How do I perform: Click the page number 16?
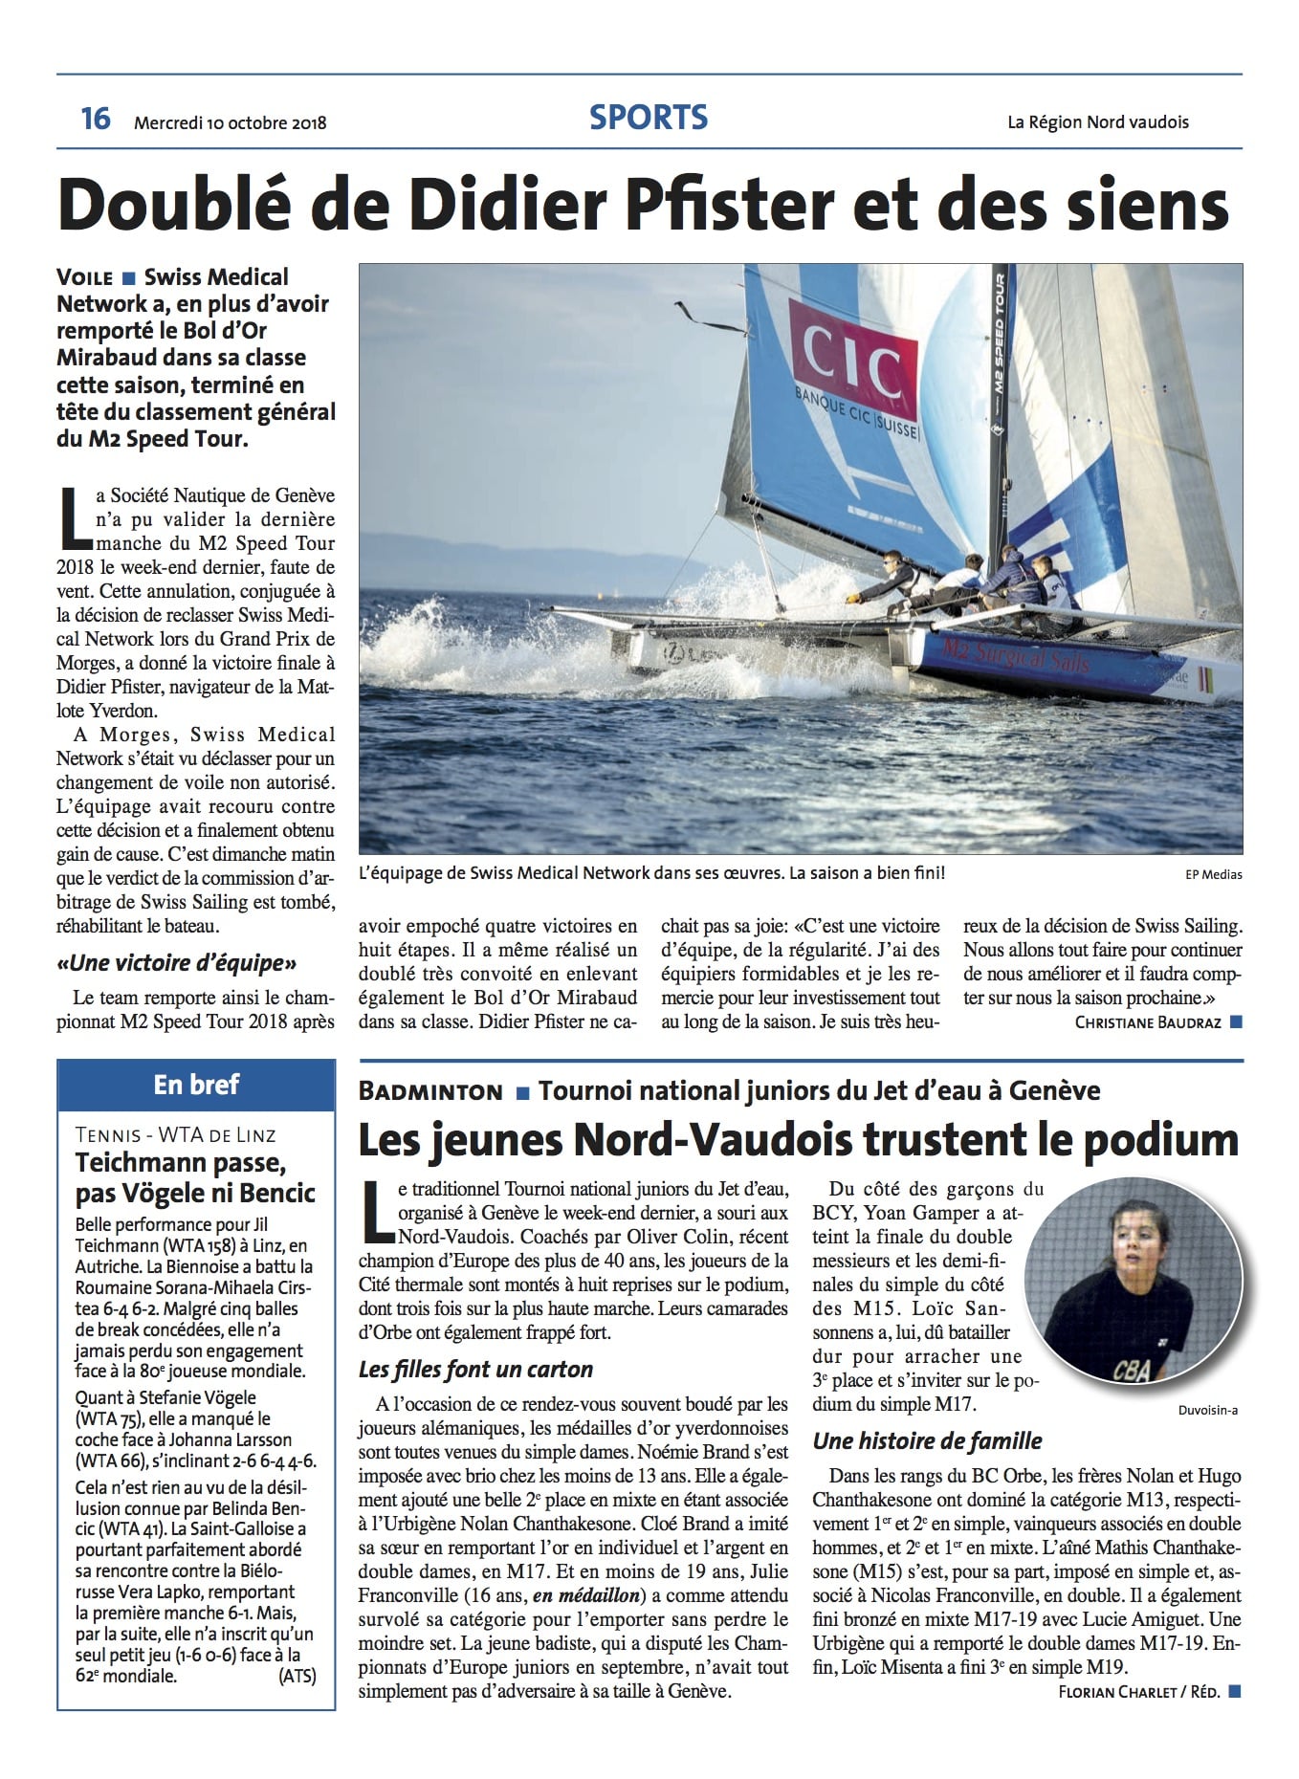(x=96, y=119)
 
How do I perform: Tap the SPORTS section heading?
(x=649, y=118)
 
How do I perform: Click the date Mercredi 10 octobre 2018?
(x=231, y=122)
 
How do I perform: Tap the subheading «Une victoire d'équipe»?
(x=177, y=963)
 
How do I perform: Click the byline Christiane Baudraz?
(x=1147, y=1022)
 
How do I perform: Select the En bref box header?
(x=196, y=1085)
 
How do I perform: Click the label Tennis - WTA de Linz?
(x=175, y=1135)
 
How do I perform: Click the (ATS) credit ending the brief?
(x=297, y=1676)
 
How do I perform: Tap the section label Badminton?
(x=430, y=1091)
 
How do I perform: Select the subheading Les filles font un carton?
(x=475, y=1370)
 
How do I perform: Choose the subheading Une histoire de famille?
(x=927, y=1440)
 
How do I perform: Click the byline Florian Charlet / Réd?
(x=1138, y=1692)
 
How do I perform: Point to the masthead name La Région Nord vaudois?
(x=1097, y=122)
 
